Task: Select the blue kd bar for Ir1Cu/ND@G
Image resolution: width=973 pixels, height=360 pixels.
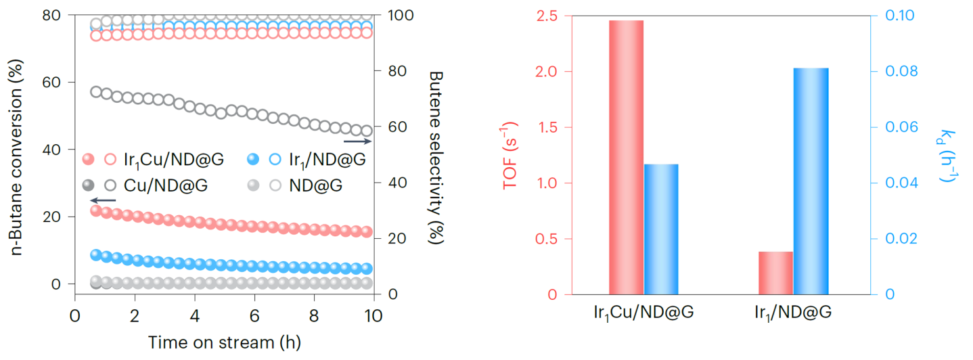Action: coord(660,229)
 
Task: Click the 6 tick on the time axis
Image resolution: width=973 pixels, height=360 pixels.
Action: coord(254,315)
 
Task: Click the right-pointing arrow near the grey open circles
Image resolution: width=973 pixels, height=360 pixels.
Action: coord(357,141)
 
